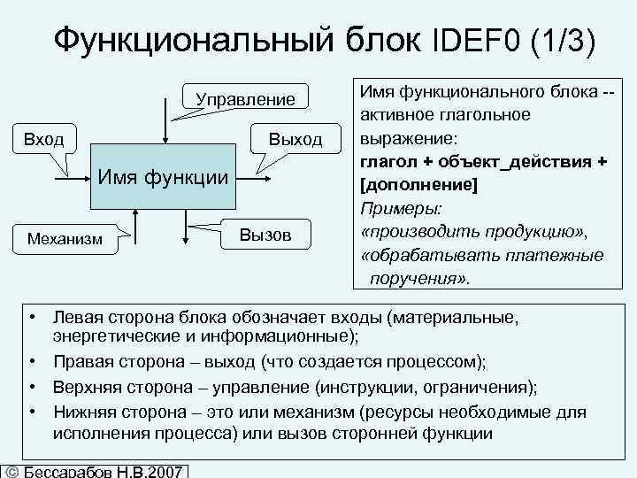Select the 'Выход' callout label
(x=295, y=139)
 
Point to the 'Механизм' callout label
(x=65, y=237)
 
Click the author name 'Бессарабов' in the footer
(x=66, y=472)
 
